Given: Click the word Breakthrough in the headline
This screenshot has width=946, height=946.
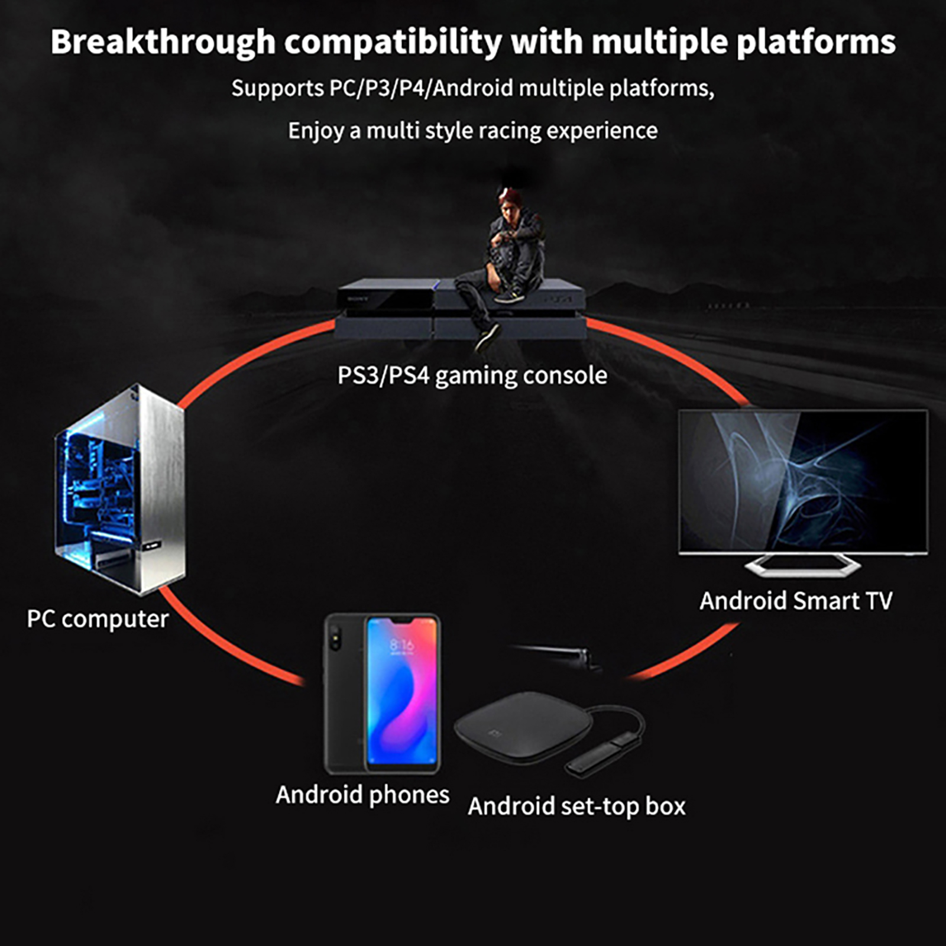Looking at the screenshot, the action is tap(163, 43).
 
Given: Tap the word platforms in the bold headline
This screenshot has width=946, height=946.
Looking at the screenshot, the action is tap(816, 43).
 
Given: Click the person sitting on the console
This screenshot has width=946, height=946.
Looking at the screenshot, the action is tap(503, 266).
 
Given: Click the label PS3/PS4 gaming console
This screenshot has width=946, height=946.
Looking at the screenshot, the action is tap(472, 375).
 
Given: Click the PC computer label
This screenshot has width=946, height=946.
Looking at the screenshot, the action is tap(98, 619).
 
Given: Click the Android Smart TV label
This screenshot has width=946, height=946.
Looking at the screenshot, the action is tap(796, 601).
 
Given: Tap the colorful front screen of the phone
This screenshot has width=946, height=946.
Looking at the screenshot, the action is tap(402, 692).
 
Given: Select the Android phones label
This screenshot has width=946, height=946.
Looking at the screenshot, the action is tap(362, 795).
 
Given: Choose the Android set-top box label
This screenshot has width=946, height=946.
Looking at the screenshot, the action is tap(576, 806).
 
